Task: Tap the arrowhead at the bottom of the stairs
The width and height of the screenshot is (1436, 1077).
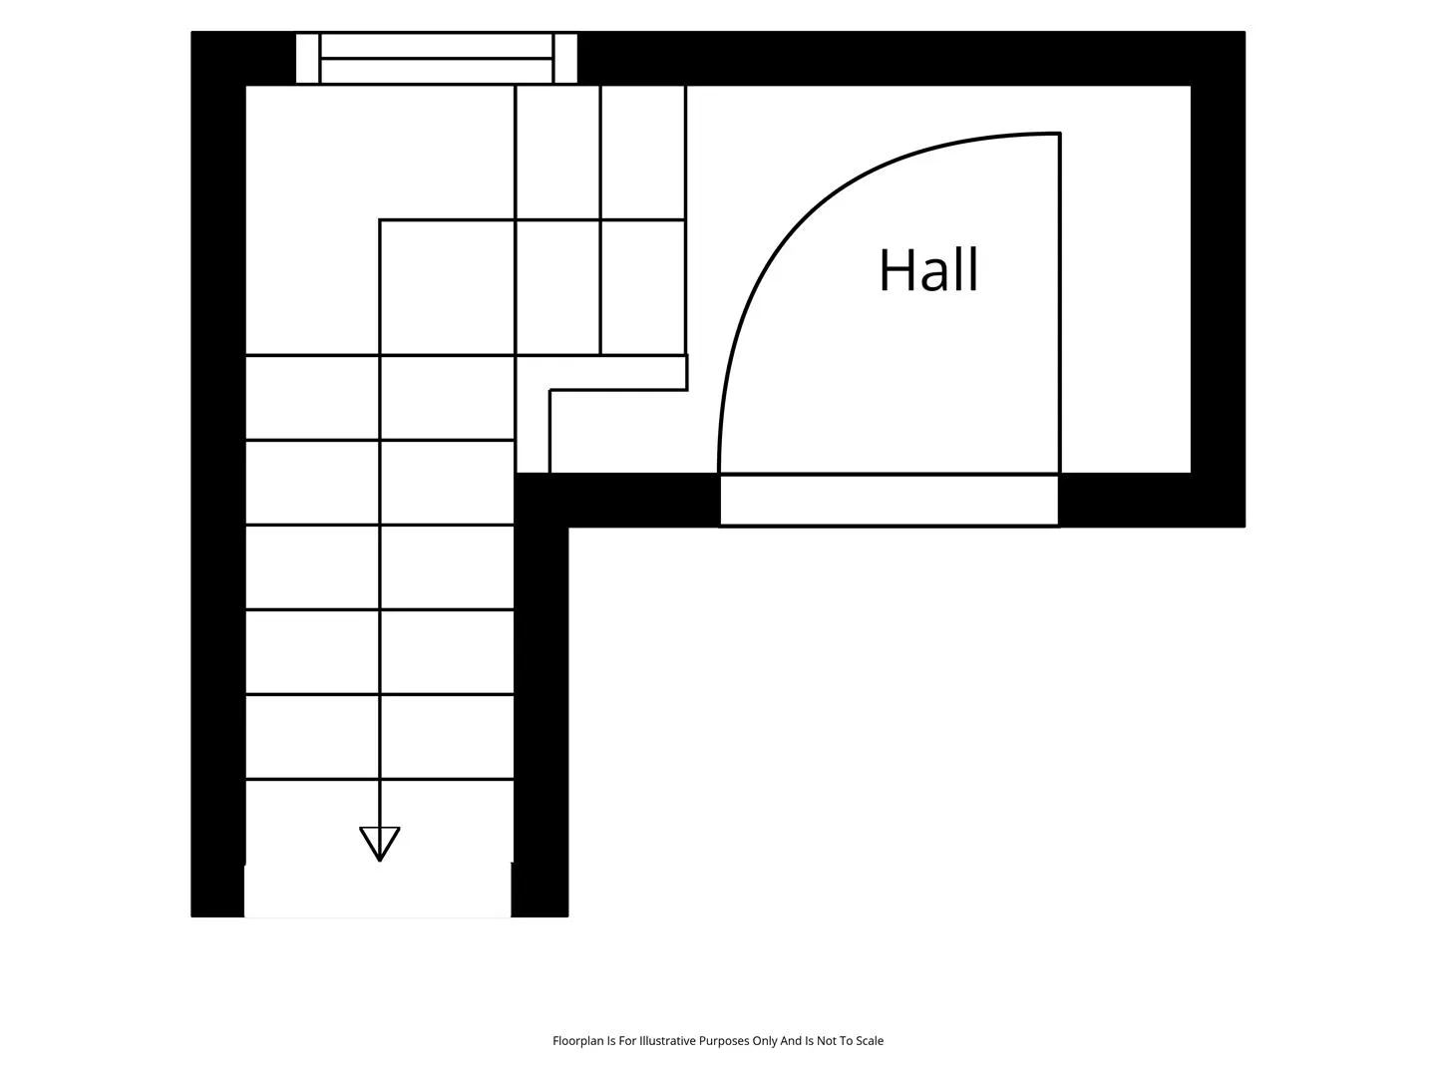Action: [380, 844]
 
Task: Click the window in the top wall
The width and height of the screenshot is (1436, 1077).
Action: [437, 58]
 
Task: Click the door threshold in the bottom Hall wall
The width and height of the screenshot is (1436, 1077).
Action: [890, 501]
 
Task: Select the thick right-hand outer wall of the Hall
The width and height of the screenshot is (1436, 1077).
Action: [1218, 278]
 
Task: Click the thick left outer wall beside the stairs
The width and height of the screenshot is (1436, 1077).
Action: [217, 474]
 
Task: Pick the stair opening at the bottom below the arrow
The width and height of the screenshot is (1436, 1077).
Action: [378, 891]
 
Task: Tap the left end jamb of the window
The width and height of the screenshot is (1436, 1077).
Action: [307, 58]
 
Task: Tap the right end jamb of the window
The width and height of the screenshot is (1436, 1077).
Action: [565, 58]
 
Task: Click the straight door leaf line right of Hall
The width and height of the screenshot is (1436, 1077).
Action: [1060, 303]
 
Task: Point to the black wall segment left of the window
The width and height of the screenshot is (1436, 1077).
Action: [243, 58]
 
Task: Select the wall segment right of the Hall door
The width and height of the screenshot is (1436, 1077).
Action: [1152, 501]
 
